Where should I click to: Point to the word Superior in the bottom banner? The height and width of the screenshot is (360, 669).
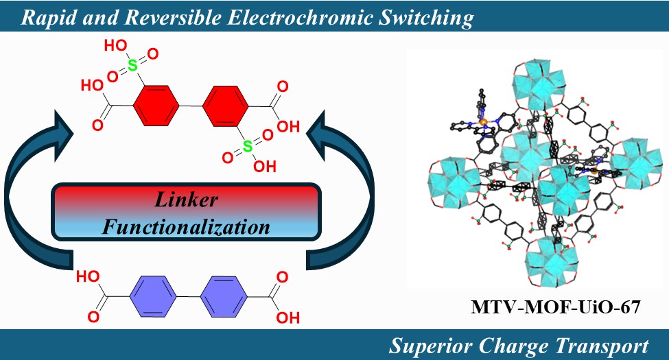[x=430, y=345]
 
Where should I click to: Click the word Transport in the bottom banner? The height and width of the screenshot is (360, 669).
[x=607, y=345]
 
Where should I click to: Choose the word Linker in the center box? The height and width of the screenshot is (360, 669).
[x=185, y=200]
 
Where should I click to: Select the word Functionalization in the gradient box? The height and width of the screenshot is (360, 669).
[x=185, y=226]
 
